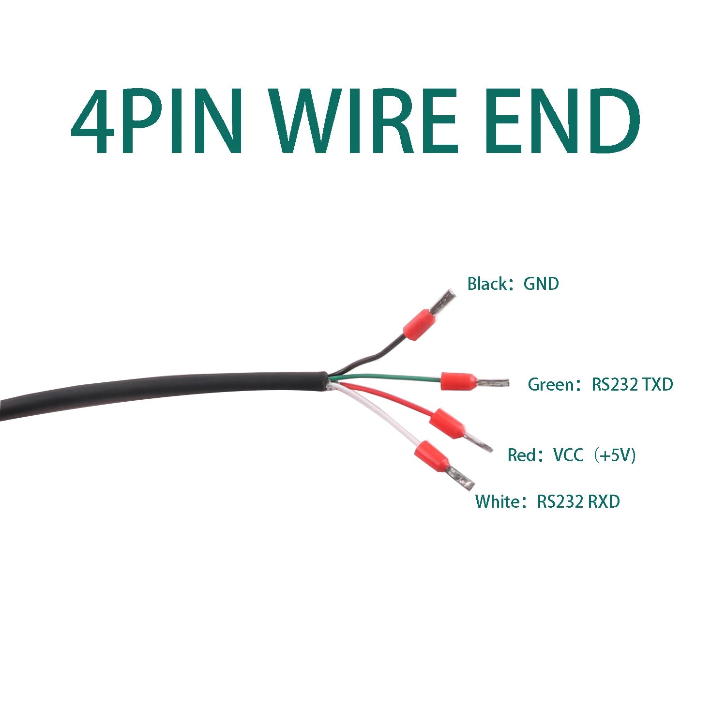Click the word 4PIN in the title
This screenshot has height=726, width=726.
(157, 121)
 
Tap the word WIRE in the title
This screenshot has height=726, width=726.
(363, 121)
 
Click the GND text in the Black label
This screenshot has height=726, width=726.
(541, 284)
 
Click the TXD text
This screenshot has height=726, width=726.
(658, 384)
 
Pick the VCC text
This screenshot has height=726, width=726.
(568, 455)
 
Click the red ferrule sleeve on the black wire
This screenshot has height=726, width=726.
(418, 325)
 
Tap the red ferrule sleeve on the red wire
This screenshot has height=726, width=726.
(448, 423)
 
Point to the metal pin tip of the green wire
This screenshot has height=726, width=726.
(493, 383)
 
